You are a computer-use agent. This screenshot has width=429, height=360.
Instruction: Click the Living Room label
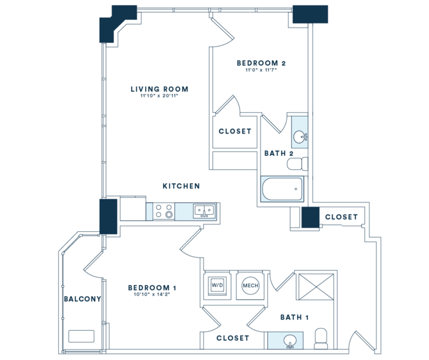[x=159, y=89]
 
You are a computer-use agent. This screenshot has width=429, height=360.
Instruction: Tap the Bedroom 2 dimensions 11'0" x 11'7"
[x=261, y=70]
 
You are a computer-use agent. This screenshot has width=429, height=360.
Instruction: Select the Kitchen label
[x=181, y=186]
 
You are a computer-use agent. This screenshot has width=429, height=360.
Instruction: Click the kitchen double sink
[x=204, y=211]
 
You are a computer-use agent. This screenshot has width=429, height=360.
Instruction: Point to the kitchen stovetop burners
[x=164, y=211]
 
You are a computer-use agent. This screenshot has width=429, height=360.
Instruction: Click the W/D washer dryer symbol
[x=217, y=286]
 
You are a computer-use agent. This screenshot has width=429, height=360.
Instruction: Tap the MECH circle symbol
[x=250, y=286]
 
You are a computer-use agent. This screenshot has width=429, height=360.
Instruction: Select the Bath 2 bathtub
[x=283, y=189]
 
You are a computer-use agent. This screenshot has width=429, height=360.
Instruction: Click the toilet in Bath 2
[x=297, y=164]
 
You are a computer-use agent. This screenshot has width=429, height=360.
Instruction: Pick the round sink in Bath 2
[x=300, y=136]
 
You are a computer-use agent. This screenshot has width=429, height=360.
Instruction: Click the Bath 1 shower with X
[x=316, y=286]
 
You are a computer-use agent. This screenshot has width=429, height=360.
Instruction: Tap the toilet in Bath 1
[x=321, y=339]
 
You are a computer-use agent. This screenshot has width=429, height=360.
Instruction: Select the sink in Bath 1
[x=289, y=341]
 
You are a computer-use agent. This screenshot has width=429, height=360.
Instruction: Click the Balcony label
[x=82, y=299]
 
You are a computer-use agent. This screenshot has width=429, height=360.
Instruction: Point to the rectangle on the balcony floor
[x=82, y=336]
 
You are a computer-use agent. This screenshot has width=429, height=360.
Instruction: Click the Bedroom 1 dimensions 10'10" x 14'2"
[x=152, y=294]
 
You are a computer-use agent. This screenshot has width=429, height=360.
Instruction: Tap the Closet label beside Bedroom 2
[x=235, y=131]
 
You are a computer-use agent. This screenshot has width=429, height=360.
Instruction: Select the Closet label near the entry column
[x=341, y=217]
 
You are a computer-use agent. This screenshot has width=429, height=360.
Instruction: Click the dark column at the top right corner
[x=310, y=14]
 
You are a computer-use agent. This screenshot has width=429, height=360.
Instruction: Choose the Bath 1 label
[x=294, y=317]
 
